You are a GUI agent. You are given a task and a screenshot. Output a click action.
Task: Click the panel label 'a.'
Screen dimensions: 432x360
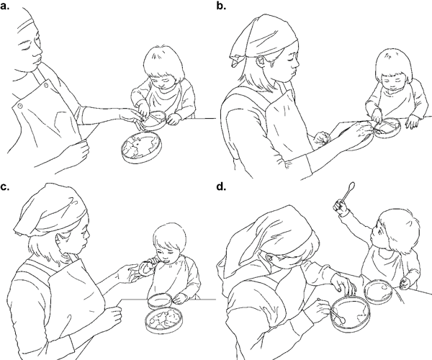click(x=5, y=6)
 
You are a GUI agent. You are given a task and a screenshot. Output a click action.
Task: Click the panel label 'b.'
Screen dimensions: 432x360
click(x=221, y=6)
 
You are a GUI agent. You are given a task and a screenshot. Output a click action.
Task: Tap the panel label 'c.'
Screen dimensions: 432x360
click(x=5, y=187)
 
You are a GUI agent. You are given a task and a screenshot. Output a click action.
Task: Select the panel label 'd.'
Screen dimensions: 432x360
click(x=221, y=186)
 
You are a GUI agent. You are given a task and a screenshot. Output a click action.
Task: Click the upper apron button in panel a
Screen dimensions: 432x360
click(x=46, y=86)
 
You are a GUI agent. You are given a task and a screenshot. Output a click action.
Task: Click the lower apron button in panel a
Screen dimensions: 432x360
click(x=20, y=106)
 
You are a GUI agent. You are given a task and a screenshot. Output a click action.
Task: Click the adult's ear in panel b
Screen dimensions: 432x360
click(x=261, y=61)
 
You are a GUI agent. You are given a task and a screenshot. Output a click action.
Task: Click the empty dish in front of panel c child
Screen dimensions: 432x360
click(x=160, y=301)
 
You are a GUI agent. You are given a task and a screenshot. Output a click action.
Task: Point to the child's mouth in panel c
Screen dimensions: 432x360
click(x=166, y=261)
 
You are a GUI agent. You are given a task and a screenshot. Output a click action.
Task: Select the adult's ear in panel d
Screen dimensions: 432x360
click(x=270, y=258)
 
